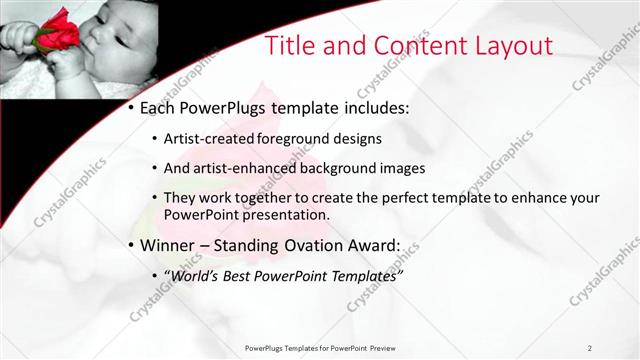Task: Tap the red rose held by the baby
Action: [x=58, y=32]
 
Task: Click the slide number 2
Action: [x=590, y=347]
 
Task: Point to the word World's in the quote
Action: [x=196, y=274]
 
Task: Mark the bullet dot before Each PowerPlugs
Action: [x=131, y=108]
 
